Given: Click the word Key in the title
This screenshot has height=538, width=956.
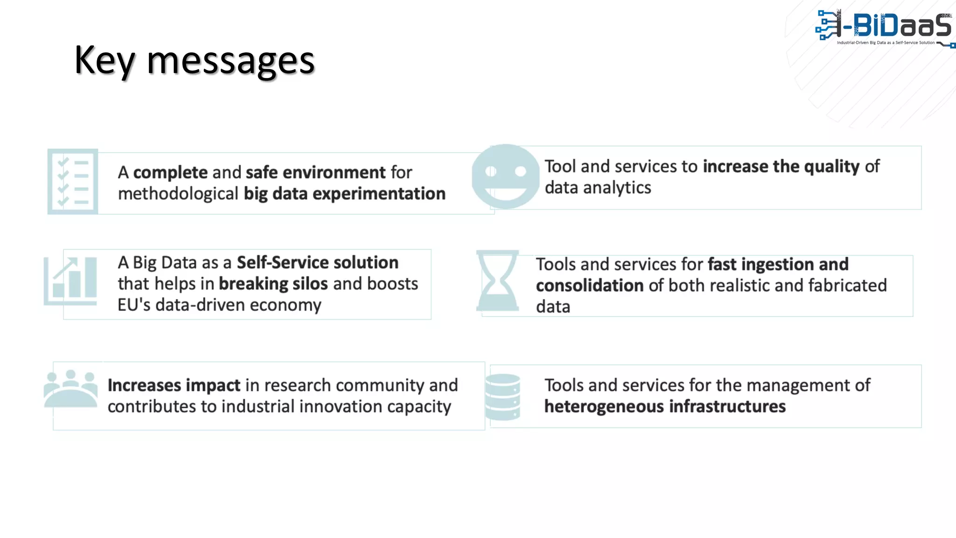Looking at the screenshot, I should pos(104,61).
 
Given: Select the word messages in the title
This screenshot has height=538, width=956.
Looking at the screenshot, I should pos(231,61).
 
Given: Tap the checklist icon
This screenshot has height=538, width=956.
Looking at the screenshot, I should pos(73,182).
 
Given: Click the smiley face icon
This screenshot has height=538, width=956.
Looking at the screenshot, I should pos(506,177).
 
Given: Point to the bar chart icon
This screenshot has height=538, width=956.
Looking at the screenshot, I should pos(71,281).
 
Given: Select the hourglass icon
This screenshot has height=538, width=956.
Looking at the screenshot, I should pos(498,281).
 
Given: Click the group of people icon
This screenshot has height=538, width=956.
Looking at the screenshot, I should pos(71,389).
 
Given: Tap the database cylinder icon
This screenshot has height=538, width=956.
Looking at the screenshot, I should pos(503,396).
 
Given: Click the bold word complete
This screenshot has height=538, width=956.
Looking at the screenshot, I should pos(170,173).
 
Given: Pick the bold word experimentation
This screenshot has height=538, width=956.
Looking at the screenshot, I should pos(379,194).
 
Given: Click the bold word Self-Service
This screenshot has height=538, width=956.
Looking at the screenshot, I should pos(282,262).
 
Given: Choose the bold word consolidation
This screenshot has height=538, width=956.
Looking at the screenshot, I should pos(590,285).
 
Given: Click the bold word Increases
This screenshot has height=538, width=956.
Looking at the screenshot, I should pos(144,385).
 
